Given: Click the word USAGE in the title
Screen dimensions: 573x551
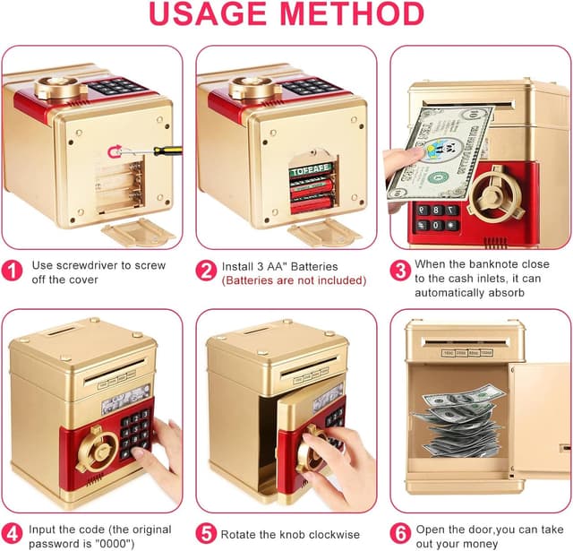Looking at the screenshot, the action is tap(208, 14).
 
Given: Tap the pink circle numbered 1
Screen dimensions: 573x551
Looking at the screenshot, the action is tap(12, 271).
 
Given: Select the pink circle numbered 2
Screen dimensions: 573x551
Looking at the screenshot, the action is tap(206, 271).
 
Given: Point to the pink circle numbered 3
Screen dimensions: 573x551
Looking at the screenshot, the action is tap(400, 271).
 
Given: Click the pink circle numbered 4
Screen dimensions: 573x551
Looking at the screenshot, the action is tap(12, 534).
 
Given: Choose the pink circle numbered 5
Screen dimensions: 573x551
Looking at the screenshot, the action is tap(206, 533).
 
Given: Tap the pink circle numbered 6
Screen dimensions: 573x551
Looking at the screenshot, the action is tap(400, 533).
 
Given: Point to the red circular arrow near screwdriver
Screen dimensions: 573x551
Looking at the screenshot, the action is tap(115, 151).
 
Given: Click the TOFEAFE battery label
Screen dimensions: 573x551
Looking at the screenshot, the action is tap(311, 171).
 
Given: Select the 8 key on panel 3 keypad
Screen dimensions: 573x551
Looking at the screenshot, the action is tap(436, 210).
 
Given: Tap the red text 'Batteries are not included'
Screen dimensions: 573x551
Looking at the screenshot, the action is tap(295, 280).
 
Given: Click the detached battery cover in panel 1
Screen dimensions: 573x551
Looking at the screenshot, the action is tap(139, 232).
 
